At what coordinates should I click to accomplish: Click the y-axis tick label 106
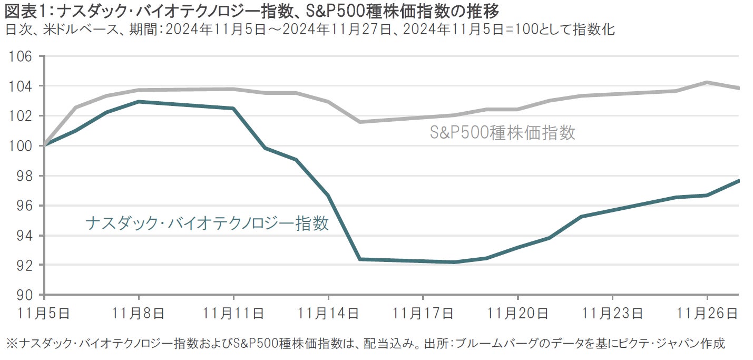pos(21,56)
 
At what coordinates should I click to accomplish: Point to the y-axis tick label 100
pos(21,145)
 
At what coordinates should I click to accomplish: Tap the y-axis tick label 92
pos(24,265)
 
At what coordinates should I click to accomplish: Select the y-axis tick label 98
pos(24,176)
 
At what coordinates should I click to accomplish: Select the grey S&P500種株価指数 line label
pos(502,133)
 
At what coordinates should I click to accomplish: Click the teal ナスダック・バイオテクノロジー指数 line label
pos(207,223)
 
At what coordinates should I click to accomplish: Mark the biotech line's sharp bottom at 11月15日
pos(360,259)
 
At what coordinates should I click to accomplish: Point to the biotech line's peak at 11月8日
pos(139,101)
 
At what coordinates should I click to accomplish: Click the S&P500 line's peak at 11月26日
pos(707,82)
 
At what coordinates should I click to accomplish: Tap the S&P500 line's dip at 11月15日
pos(360,122)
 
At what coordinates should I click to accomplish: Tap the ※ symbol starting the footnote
pos(11,344)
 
